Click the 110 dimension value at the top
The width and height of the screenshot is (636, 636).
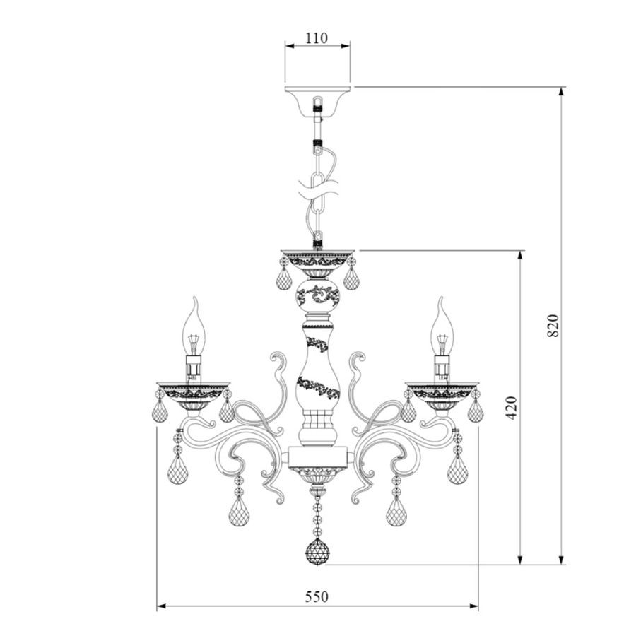tap(317, 38)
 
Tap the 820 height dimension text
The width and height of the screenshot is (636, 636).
tap(553, 325)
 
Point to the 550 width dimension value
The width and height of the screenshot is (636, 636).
tap(317, 596)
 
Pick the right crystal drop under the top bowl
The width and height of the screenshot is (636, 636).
tap(351, 278)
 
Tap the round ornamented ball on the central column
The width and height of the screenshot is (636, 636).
tap(318, 294)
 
